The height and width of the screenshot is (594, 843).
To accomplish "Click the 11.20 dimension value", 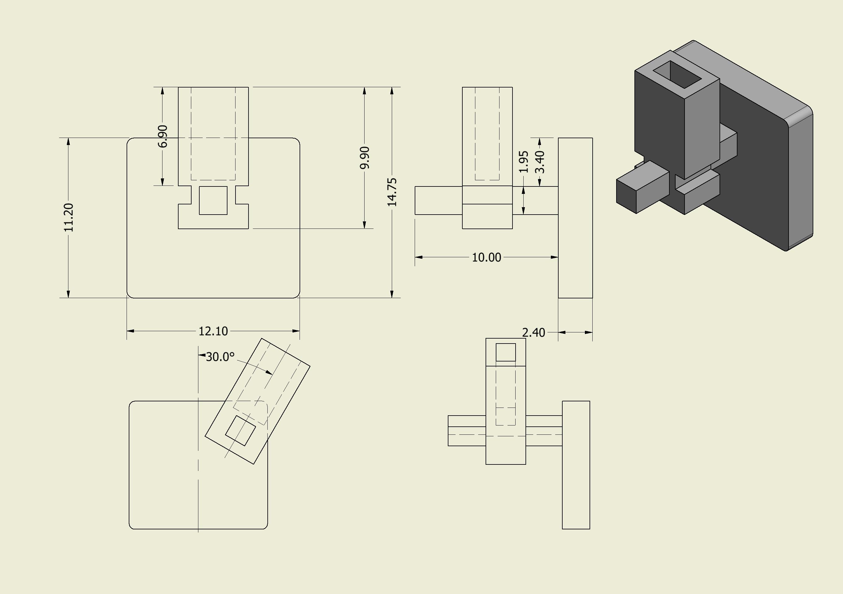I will click(x=69, y=218).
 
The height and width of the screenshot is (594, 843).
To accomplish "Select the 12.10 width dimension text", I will click(x=213, y=331).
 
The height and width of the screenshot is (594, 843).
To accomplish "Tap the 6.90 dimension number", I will click(x=163, y=136).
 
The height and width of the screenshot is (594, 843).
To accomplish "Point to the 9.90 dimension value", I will click(x=365, y=157).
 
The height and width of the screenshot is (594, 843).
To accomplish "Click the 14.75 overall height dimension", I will click(x=392, y=192).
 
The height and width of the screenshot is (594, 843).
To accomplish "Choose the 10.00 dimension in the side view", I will click(x=486, y=258).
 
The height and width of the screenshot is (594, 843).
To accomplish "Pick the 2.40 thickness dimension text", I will click(x=533, y=333).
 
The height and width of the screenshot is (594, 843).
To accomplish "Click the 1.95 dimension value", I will click(x=524, y=161).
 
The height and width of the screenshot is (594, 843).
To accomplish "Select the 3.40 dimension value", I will click(x=540, y=162).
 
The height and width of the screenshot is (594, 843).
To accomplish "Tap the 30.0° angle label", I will click(x=220, y=357).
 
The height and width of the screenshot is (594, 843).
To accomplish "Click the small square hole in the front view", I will click(x=213, y=200).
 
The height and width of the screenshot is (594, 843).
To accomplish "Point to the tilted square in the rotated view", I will click(x=240, y=431).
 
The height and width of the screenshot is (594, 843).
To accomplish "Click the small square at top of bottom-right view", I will click(x=506, y=352).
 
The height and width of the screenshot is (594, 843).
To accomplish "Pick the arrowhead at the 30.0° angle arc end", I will click(x=270, y=373).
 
